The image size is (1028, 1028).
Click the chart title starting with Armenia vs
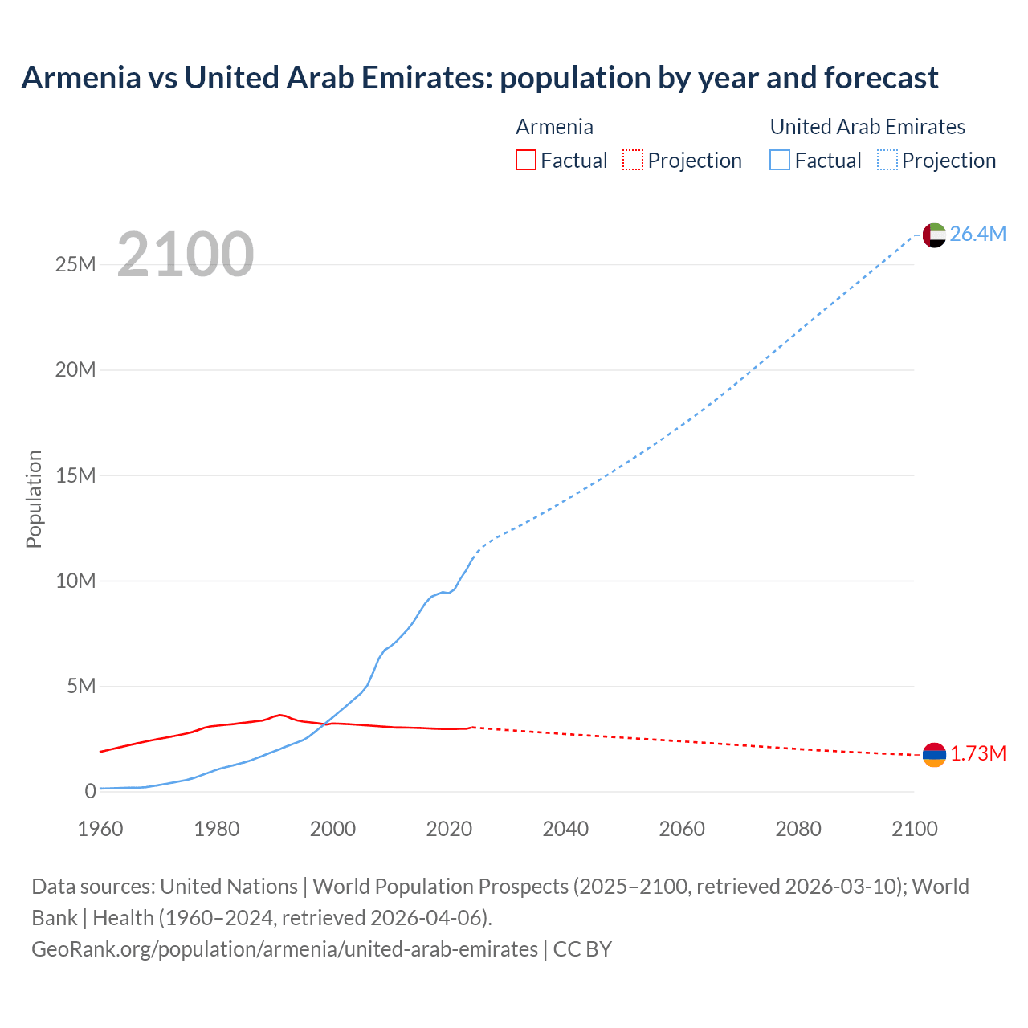[x=479, y=78]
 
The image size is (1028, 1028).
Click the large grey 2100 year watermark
[x=186, y=255]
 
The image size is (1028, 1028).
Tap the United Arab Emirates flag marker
[x=934, y=235]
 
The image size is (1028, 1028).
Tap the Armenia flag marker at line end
[x=934, y=754]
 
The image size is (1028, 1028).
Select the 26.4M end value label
[x=977, y=234]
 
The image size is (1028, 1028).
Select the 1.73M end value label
[x=978, y=753]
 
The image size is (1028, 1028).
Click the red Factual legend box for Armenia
[x=526, y=161]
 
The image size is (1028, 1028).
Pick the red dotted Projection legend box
[x=633, y=161]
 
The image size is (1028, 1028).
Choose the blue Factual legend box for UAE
[x=780, y=161]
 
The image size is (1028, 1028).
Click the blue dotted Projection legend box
[x=887, y=161]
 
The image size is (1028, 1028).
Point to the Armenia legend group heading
[x=554, y=127]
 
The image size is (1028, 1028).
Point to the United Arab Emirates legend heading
[x=867, y=127]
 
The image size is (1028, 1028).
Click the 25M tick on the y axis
[x=75, y=264]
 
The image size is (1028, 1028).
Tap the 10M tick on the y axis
[x=75, y=581]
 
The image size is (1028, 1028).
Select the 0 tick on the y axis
[x=90, y=791]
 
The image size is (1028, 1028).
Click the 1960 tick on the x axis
[x=100, y=829]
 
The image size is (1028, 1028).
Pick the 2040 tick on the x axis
[x=565, y=829]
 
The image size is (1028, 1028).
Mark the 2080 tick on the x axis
[x=798, y=829]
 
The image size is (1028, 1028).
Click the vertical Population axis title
[x=34, y=499]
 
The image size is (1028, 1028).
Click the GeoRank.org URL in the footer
[x=284, y=949]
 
